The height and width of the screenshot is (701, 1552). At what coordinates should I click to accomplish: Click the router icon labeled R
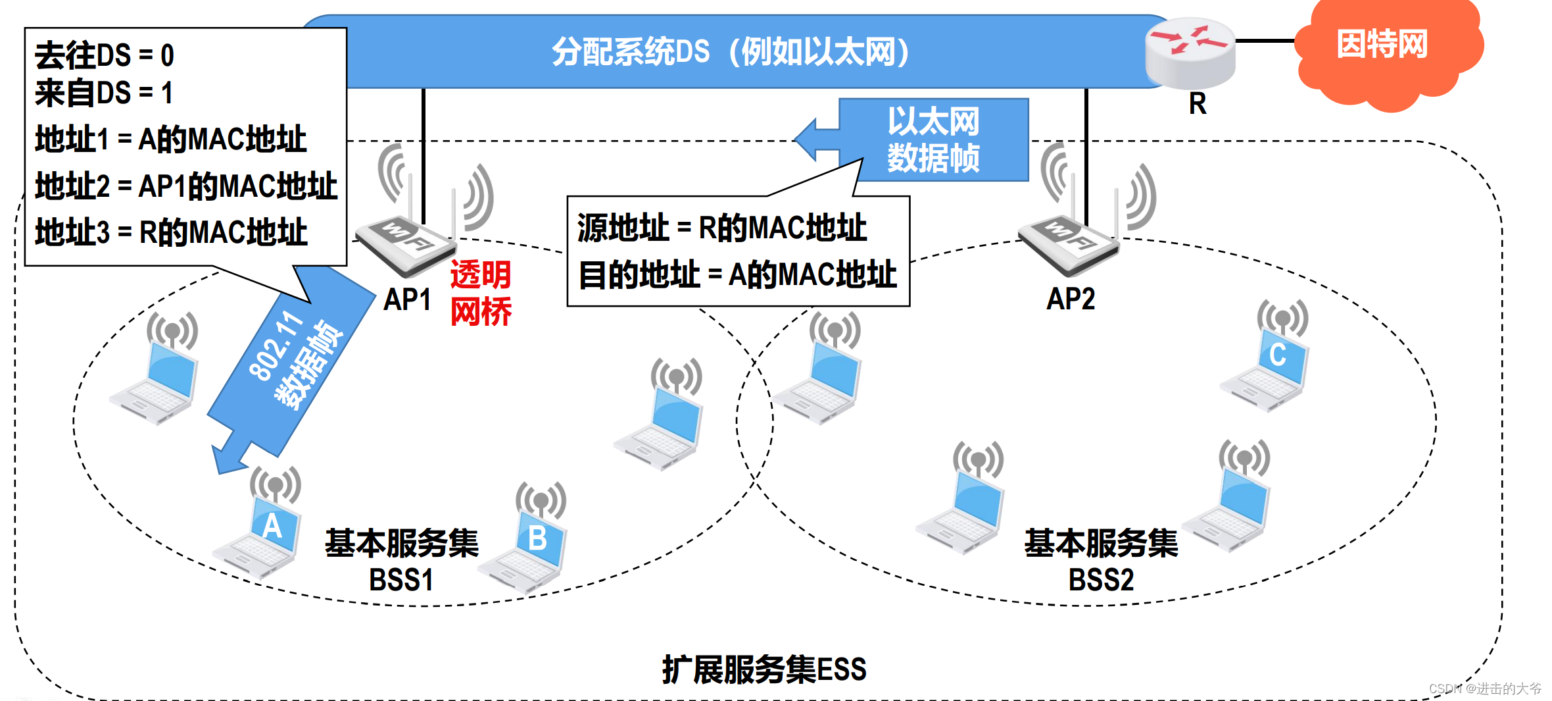(x=1190, y=53)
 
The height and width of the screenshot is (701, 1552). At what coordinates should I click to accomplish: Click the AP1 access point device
(x=408, y=244)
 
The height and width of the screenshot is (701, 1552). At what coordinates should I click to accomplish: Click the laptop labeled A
(x=263, y=533)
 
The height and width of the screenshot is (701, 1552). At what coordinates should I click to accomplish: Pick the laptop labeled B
(x=529, y=546)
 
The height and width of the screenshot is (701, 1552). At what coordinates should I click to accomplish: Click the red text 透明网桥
(x=481, y=293)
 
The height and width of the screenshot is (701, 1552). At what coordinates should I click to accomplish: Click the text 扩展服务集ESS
(x=764, y=669)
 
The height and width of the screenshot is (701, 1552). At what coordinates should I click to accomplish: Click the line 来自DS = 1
(x=104, y=93)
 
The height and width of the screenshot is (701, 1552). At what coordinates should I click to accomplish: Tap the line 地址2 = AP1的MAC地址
(x=186, y=186)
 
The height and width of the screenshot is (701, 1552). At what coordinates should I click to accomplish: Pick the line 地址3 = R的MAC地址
(x=171, y=232)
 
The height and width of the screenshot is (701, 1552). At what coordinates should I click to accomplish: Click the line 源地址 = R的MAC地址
(x=722, y=228)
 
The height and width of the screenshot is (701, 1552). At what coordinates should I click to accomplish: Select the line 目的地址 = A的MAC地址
(x=737, y=274)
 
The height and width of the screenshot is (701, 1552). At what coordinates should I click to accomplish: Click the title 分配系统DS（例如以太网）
(x=730, y=51)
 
